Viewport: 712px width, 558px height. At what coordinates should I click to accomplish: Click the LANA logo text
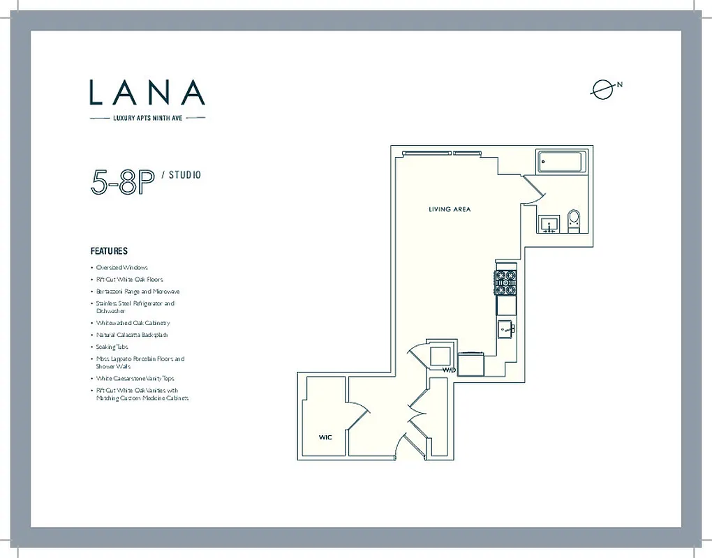point(147,93)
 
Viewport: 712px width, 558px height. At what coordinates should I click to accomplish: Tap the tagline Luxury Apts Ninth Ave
point(148,119)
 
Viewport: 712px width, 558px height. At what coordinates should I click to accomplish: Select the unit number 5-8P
point(121,181)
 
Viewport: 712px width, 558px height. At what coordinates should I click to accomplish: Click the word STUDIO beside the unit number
point(184,175)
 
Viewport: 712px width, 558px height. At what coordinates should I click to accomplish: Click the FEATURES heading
point(109,251)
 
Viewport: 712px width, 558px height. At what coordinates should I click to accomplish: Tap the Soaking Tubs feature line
point(112,347)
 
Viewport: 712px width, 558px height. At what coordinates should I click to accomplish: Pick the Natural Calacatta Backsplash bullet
point(132,335)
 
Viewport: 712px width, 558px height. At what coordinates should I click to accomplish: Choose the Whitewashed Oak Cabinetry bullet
point(133,323)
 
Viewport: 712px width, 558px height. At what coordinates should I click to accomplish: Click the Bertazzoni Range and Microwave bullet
point(138,292)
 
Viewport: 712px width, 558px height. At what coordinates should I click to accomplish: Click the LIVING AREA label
point(450,209)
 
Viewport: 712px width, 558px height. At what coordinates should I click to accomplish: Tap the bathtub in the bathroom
point(562,164)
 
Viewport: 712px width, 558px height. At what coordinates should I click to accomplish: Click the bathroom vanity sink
point(549,225)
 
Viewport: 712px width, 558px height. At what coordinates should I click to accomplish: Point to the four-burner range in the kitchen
point(506,283)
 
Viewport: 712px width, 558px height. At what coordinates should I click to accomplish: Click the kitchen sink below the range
point(506,328)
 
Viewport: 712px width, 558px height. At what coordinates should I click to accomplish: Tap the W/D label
point(448,370)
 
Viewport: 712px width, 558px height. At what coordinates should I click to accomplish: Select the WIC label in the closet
point(325,437)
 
